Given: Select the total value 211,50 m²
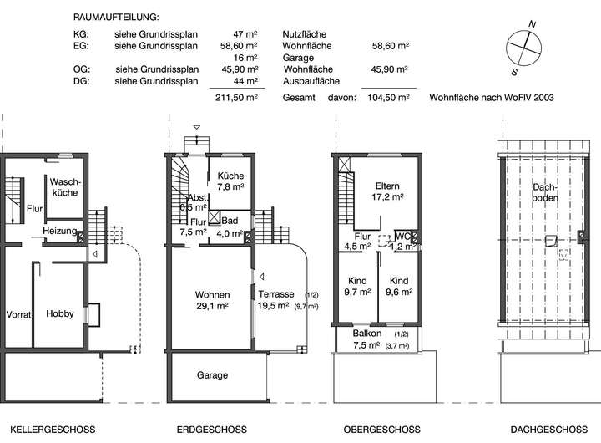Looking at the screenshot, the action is point(237,98).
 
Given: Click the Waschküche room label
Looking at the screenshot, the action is point(64,186).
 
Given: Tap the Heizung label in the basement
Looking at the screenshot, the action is point(62,231).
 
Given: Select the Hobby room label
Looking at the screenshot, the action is point(60,314).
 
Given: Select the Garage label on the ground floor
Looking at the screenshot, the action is point(212,375).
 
